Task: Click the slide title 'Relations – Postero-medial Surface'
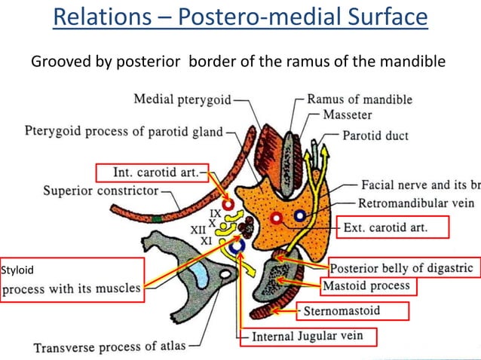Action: (240, 17)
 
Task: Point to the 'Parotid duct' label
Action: (375, 136)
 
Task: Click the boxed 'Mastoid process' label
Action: (366, 286)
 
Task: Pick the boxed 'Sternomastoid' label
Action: (352, 310)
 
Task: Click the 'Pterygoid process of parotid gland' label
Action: (125, 132)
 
